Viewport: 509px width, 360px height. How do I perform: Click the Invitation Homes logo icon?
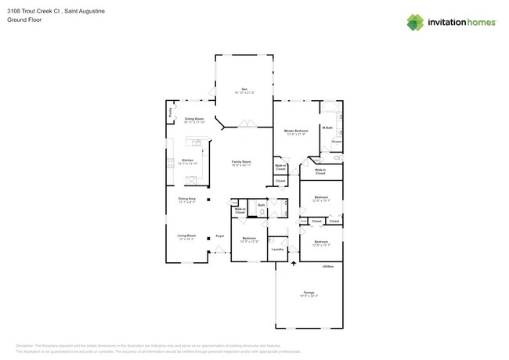415,22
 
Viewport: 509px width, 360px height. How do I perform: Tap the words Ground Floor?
26,20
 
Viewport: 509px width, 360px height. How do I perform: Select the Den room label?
244,88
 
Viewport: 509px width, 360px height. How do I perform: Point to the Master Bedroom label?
296,131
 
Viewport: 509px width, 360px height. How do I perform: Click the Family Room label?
240,161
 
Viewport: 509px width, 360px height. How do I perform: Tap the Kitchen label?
187,160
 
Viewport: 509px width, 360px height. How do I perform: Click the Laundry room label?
277,250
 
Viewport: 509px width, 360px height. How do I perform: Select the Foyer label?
220,236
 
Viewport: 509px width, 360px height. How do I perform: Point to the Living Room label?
186,235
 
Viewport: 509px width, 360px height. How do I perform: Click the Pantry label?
170,113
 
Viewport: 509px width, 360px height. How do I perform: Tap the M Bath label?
327,128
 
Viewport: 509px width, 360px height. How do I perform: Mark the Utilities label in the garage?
328,266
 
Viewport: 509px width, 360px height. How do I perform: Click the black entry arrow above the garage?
294,264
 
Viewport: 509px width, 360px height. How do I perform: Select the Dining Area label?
186,199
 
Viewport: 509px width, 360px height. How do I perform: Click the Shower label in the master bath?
336,142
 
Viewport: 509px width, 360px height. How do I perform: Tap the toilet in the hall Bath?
262,209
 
